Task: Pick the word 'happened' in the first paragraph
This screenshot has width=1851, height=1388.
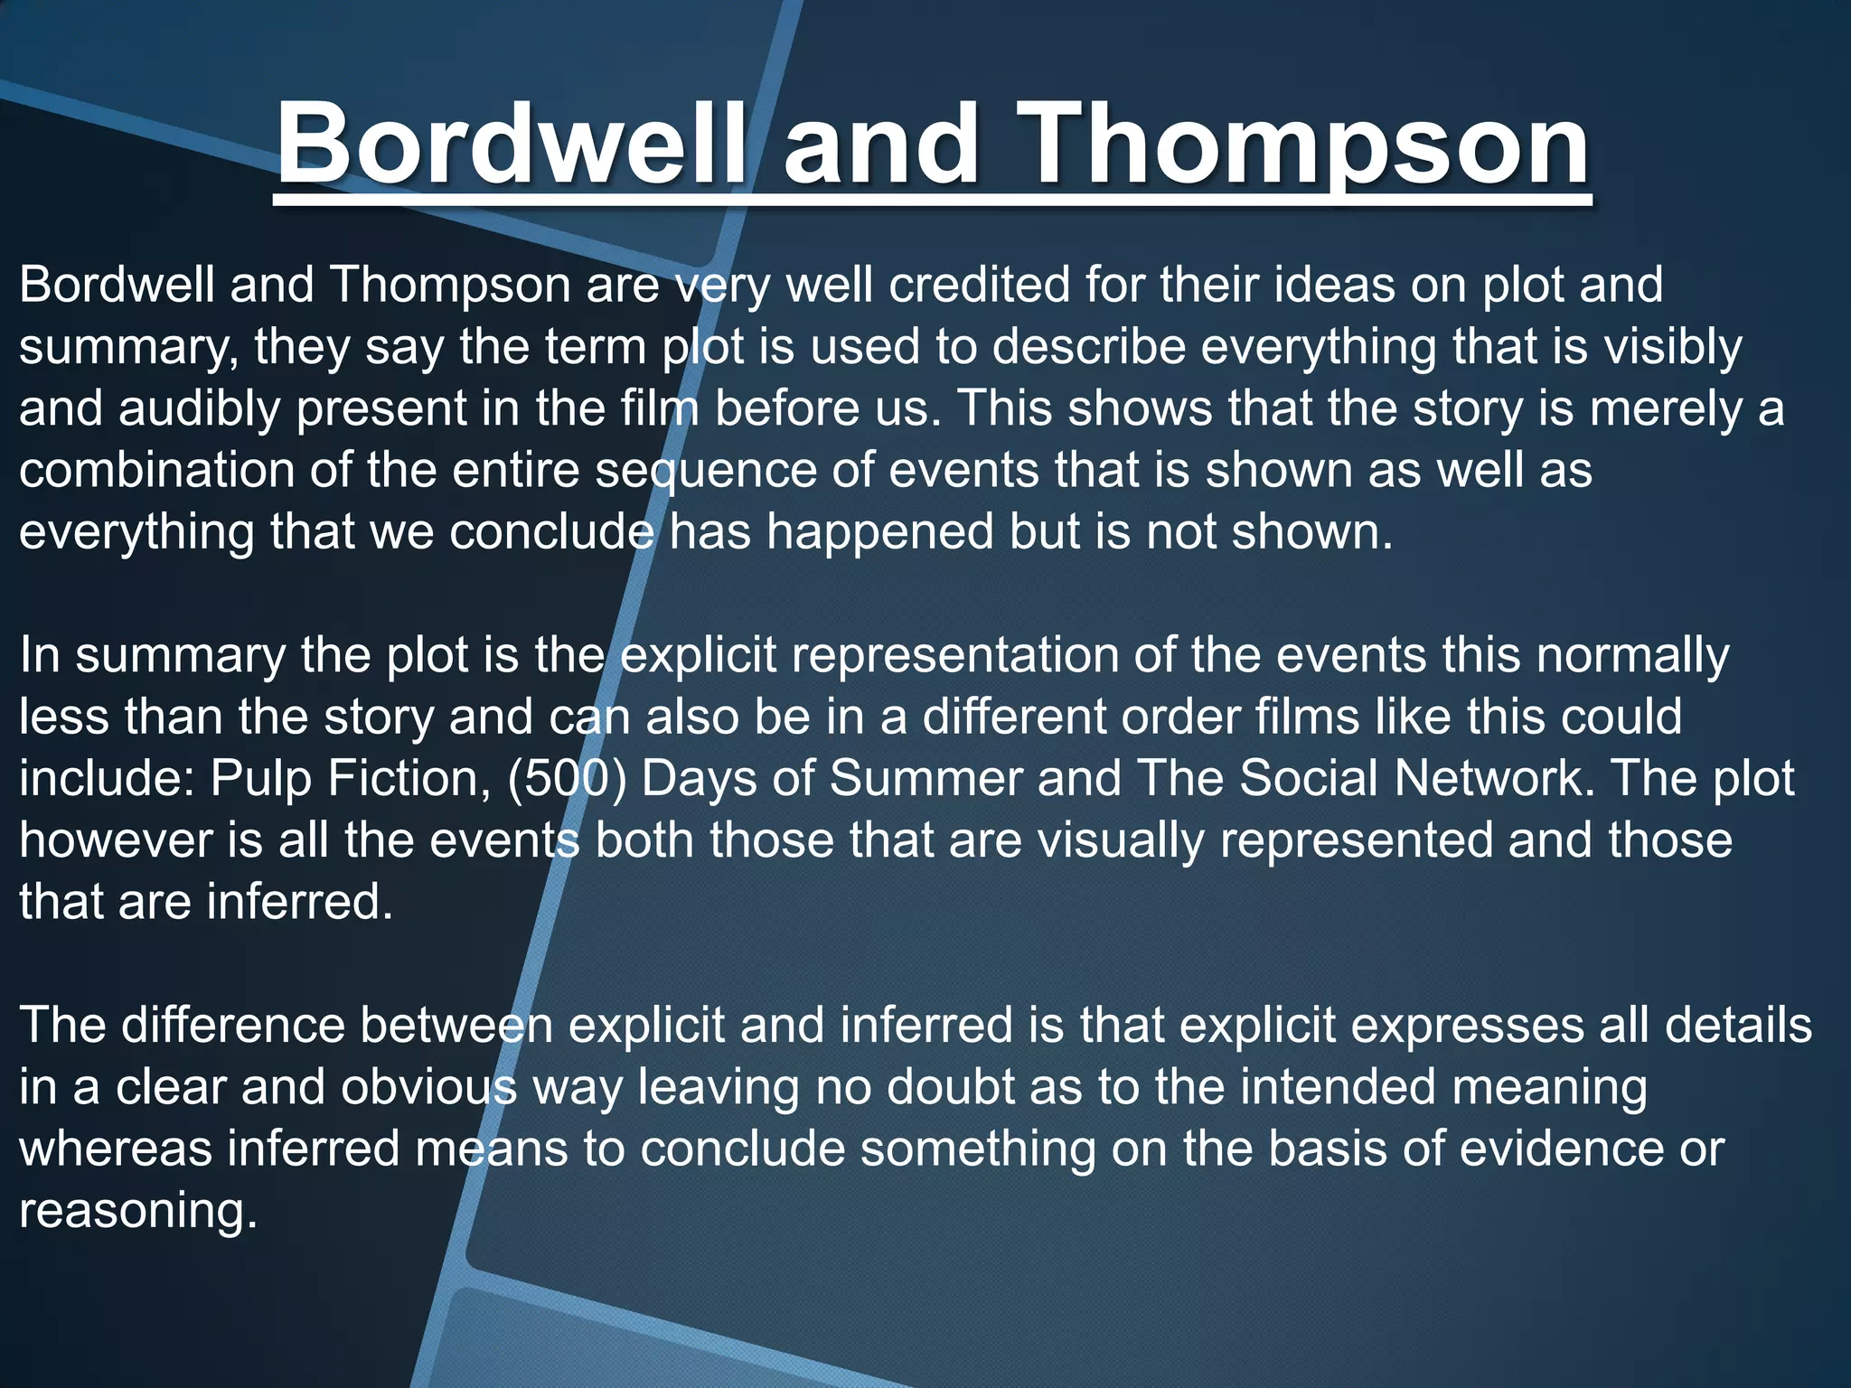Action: tap(876, 532)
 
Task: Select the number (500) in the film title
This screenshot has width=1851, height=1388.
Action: tap(567, 779)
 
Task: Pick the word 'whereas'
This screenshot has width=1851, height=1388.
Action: tap(116, 1149)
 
